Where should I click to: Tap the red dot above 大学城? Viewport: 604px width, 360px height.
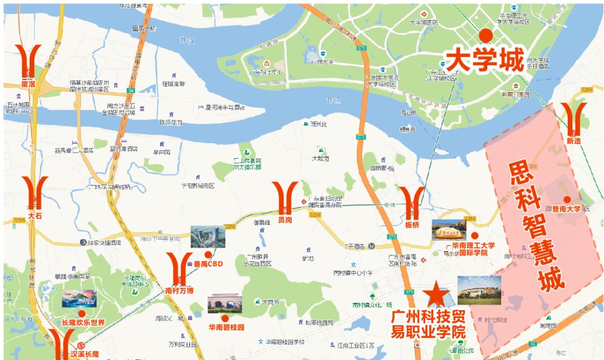tap(486, 36)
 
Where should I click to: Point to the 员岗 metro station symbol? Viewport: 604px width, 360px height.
tap(285, 198)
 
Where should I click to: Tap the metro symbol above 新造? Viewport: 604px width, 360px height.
tap(574, 118)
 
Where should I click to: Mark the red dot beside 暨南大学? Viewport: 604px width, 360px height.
tap(567, 200)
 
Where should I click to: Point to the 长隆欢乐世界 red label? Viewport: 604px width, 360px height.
tap(83, 323)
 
